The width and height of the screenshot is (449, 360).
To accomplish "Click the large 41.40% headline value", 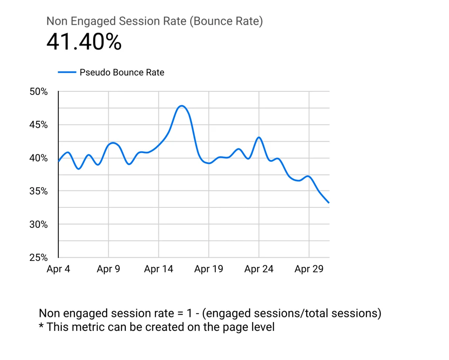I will click(x=84, y=42).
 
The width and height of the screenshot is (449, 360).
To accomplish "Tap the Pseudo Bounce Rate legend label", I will click(x=122, y=73).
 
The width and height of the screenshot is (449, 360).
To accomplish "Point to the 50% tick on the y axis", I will click(x=39, y=92).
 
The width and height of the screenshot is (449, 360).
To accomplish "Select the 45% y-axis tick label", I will click(x=39, y=125).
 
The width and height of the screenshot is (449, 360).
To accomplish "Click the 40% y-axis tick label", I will click(x=39, y=158).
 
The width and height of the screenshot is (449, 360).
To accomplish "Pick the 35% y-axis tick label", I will click(x=39, y=191).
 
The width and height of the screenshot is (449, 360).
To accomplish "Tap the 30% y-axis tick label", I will click(x=39, y=224).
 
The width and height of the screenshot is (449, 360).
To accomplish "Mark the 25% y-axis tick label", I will click(x=39, y=257).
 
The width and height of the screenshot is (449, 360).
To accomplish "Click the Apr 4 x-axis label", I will click(x=58, y=269).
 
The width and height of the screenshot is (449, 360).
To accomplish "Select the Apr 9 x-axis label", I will click(x=108, y=269).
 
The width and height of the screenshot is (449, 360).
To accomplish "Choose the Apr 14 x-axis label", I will click(x=158, y=269).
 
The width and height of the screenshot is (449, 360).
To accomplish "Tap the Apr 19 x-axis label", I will click(x=209, y=269).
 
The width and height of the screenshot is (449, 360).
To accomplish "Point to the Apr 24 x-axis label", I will click(x=259, y=269).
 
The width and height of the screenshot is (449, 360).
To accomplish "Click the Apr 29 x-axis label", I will click(x=309, y=269).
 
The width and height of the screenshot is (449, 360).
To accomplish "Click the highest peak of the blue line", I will click(x=182, y=106).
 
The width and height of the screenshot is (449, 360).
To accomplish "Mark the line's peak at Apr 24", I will click(x=259, y=137).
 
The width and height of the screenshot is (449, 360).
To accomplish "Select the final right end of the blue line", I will click(x=329, y=203).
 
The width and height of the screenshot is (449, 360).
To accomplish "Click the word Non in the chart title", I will click(x=57, y=21).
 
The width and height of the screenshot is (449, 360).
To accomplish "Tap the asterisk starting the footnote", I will click(x=41, y=326).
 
